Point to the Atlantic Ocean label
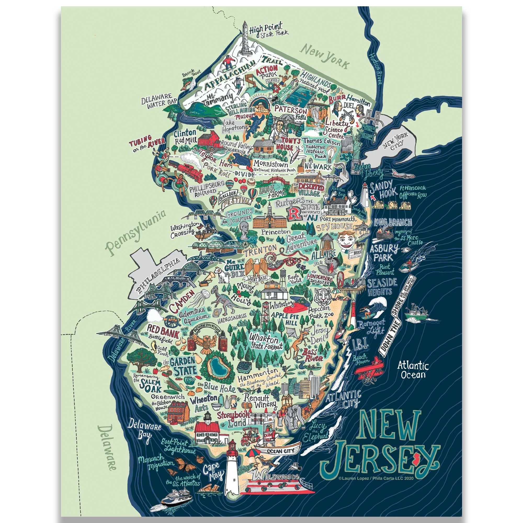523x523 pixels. [413, 370]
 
